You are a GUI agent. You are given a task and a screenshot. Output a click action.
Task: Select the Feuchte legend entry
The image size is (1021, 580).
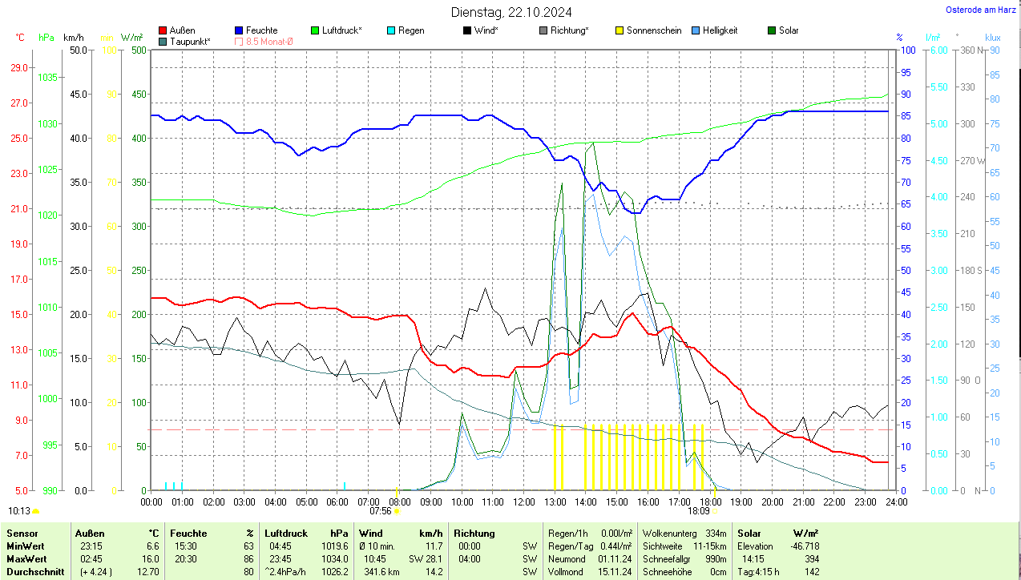point(261,30)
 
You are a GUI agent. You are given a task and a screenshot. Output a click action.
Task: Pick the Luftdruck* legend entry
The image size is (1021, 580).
point(341,30)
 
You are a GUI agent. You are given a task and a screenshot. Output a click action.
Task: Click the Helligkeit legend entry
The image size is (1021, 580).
point(720,30)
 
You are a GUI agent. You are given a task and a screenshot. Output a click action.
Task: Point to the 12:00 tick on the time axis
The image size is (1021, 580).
point(523,501)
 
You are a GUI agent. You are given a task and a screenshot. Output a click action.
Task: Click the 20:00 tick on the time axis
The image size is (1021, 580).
point(772,501)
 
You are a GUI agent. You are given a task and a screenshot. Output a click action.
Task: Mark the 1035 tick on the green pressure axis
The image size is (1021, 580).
point(47,78)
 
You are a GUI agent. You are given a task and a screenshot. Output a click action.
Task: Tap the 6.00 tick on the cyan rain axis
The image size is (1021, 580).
point(937,50)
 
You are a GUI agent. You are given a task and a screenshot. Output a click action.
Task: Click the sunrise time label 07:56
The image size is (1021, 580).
point(380,510)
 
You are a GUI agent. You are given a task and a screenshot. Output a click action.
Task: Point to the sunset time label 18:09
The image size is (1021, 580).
point(698,510)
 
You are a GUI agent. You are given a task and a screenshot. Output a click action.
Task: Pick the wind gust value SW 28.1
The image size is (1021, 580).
point(426,558)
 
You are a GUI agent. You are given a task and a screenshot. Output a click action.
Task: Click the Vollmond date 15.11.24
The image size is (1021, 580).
point(615,572)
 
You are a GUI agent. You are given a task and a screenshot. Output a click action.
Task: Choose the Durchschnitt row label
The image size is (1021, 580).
point(33,572)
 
